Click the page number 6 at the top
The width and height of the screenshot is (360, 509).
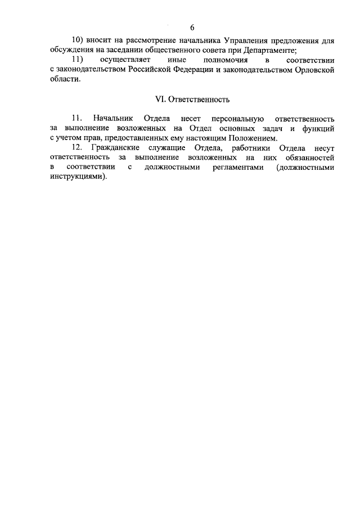tap(192, 28)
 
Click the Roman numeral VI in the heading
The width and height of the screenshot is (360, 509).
tap(159, 100)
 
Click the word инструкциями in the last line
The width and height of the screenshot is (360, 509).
tap(76, 177)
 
